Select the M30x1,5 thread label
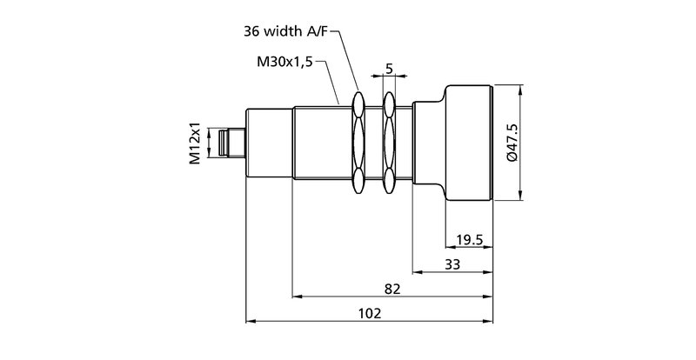coord(284,63)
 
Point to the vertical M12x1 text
coord(196,143)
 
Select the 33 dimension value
coord(452,264)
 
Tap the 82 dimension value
coord(392,289)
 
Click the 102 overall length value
coord(370,313)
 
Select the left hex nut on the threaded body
coord(358,143)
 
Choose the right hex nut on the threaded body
coord(388,143)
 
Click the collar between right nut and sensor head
coord(426,143)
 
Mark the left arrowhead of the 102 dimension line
coord(252,321)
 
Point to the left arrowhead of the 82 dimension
coord(298,297)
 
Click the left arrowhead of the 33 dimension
coord(417,272)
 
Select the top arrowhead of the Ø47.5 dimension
coord(520,90)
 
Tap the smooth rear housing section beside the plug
coord(270,143)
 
